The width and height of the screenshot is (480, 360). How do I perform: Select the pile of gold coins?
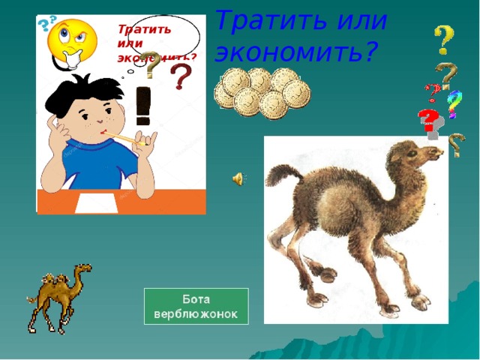(x=261, y=92)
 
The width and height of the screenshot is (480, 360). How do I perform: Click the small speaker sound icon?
(x=237, y=178)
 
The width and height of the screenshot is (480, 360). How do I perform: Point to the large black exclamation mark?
(x=144, y=105)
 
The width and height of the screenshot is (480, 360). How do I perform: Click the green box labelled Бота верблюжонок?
(x=196, y=305)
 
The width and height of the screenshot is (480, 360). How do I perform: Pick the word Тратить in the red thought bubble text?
(x=144, y=30)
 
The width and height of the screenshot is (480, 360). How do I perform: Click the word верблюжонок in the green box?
(x=196, y=313)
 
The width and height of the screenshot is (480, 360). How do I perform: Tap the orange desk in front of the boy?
(x=165, y=201)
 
